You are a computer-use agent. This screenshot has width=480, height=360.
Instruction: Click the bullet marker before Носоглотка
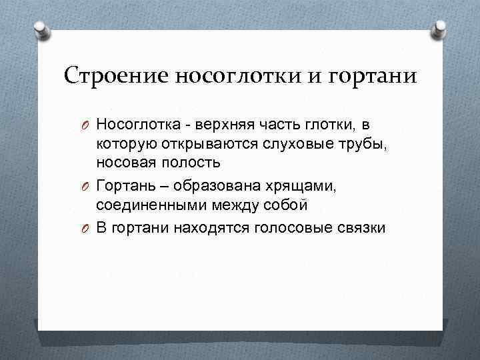point(86,125)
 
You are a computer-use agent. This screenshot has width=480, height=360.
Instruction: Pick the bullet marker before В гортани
point(86,229)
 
